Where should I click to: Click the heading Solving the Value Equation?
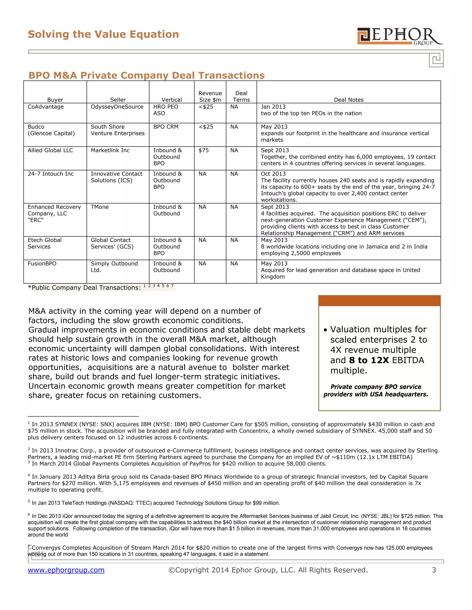103,34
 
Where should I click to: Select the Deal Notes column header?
348,100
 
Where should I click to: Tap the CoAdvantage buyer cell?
46,107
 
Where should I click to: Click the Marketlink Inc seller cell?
110,150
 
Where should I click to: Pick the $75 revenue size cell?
204,150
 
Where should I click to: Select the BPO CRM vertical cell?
165,127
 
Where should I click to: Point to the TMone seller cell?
100,207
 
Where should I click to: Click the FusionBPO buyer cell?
42,264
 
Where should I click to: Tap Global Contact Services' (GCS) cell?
112,243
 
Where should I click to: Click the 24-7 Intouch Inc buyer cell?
51,174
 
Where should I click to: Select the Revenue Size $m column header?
210,96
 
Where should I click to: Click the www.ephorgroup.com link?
66,570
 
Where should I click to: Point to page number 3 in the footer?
434,570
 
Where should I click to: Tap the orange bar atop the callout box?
379,301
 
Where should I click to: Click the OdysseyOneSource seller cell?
117,107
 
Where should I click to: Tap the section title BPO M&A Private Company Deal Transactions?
147,76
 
